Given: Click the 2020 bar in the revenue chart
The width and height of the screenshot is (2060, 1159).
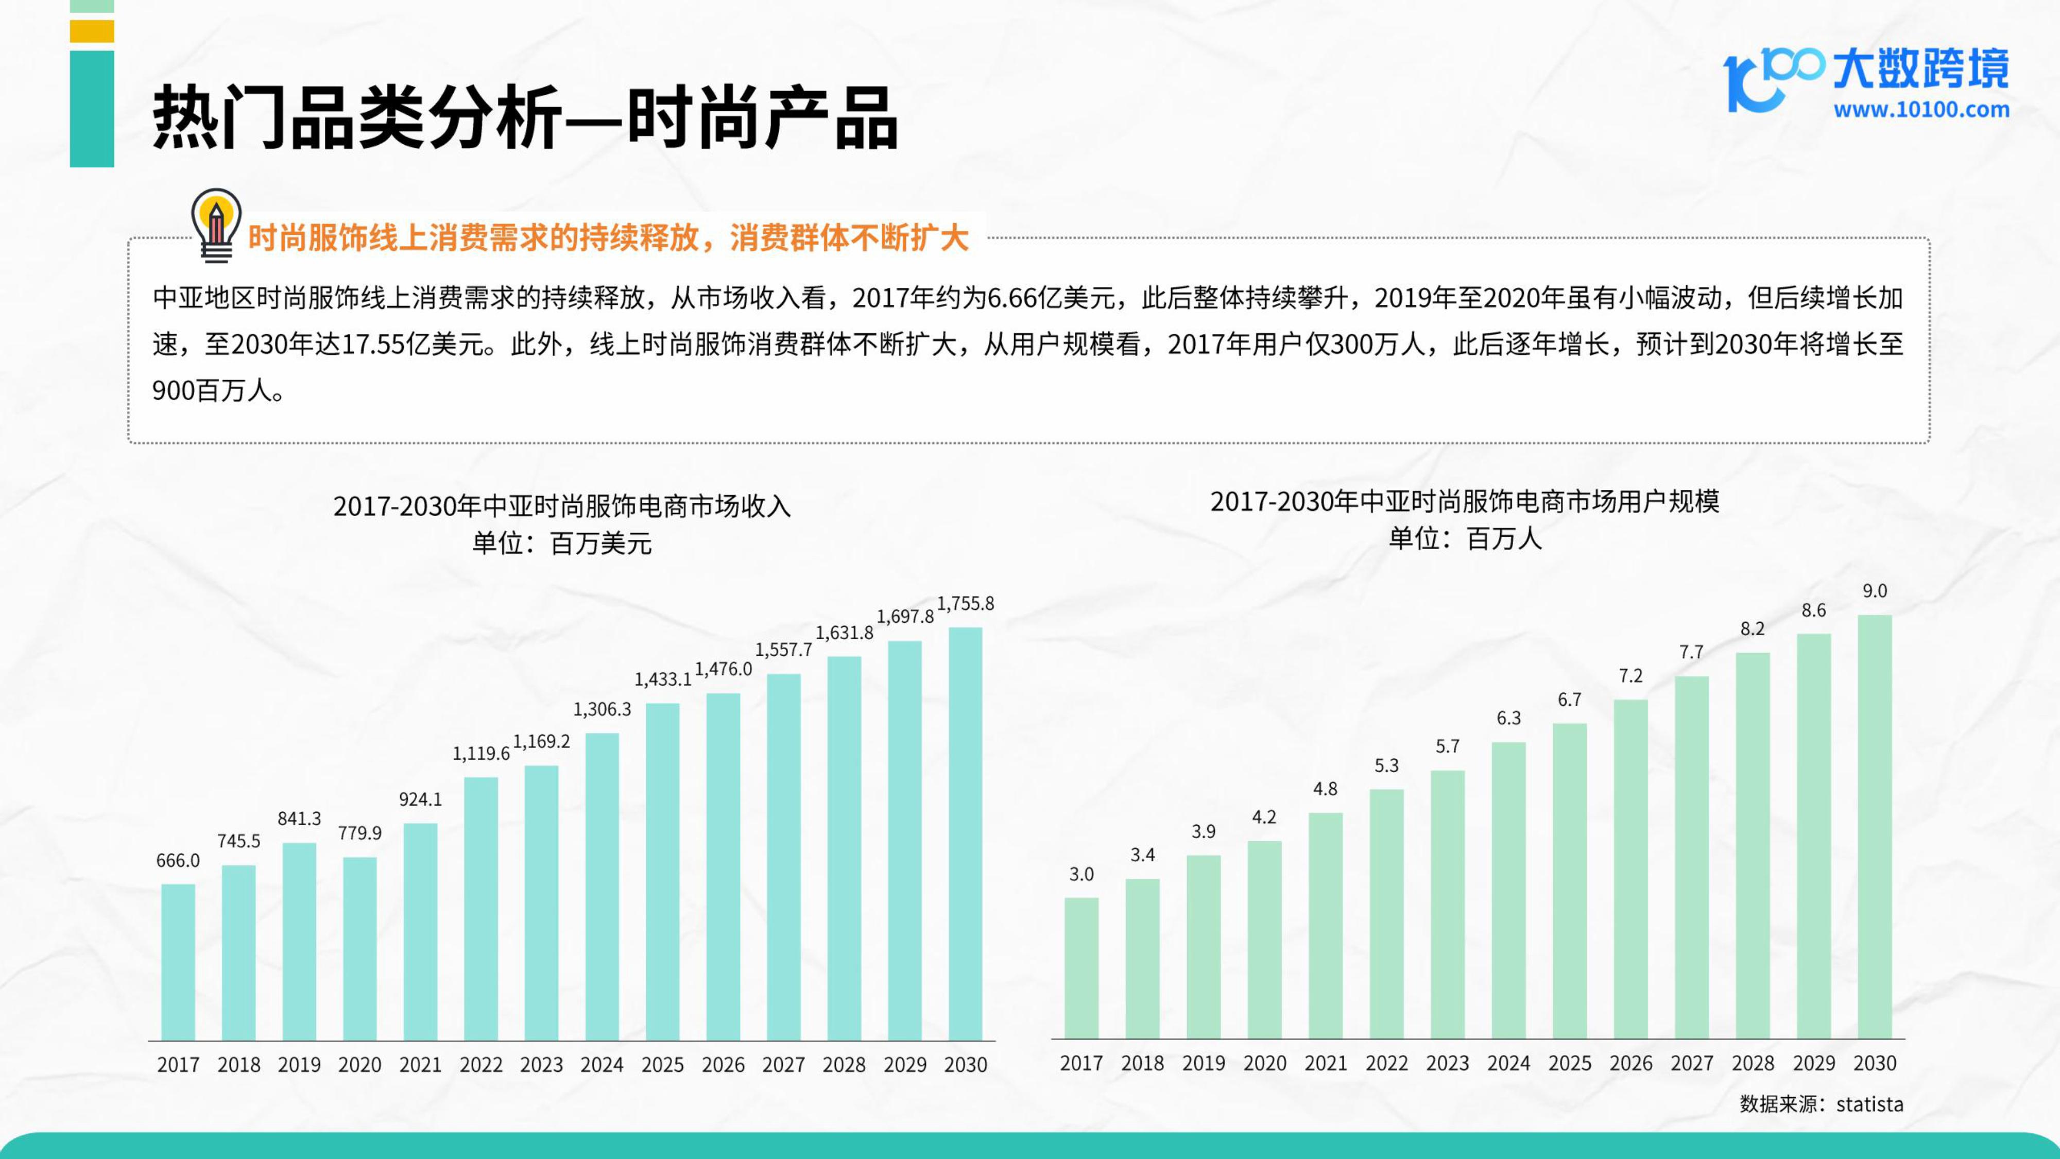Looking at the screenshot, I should pos(360,949).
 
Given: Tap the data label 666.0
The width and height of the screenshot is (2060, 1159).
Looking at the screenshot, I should pos(178,861).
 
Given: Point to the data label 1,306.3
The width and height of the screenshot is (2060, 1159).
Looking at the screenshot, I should pos(602,709).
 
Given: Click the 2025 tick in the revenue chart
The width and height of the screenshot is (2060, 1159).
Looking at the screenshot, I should pos(662,1065).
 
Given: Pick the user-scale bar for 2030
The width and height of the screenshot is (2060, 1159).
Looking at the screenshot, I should pos(1875,827).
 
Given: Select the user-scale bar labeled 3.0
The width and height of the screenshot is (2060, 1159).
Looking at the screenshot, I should pos(1081,968).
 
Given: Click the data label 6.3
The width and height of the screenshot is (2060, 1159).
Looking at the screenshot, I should pos(1508,718).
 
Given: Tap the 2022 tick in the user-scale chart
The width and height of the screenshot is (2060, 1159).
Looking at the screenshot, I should pos(1387,1063).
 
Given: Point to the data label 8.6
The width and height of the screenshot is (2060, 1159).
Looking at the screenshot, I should pos(1814,611).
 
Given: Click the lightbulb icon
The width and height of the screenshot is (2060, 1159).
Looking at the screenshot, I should pos(216,226).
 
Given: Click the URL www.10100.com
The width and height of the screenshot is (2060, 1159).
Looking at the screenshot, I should pos(1921,110).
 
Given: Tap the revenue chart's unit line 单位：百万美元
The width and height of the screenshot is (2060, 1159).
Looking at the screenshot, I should pos(562,544).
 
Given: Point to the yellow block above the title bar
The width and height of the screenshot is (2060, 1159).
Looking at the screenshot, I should pos(92,31).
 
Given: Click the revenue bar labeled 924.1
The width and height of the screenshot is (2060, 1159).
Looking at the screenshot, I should pos(421,932).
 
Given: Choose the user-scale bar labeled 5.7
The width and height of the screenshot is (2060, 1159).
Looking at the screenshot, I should pos(1448,905).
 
